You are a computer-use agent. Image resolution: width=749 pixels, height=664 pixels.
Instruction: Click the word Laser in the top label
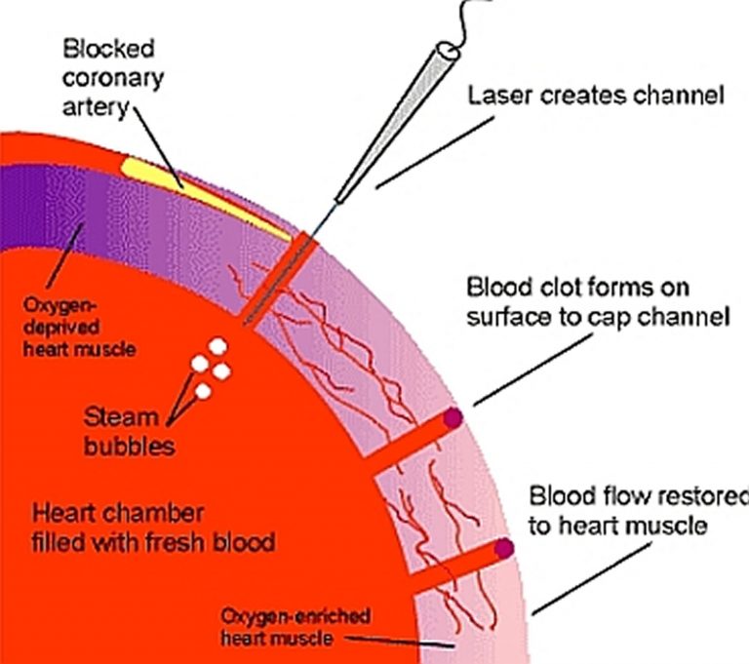pos(496,97)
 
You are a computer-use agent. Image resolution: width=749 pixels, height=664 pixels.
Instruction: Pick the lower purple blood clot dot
pos(504,549)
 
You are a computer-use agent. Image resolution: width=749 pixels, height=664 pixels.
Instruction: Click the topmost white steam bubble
pos(217,345)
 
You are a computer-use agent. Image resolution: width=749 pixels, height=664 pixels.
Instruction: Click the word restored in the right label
pos(700,495)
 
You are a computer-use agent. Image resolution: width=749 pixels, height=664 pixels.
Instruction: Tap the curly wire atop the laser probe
pos(466,21)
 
